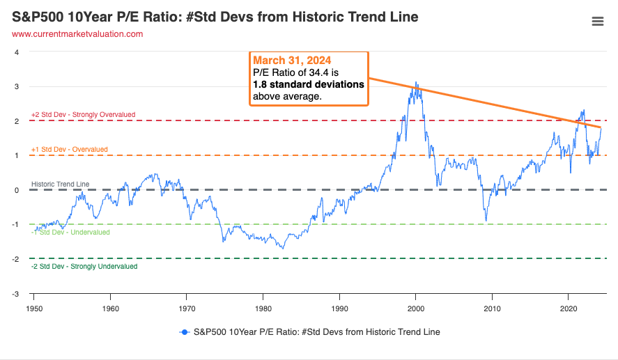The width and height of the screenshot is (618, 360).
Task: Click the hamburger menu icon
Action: [597, 22]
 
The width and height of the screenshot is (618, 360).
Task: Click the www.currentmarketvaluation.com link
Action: [77, 33]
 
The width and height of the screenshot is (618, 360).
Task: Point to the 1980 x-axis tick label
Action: [263, 308]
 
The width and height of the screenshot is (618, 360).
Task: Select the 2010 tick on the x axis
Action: [493, 308]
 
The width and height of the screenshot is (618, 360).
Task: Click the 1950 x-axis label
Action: [33, 308]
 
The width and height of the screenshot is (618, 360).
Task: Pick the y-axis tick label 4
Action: [17, 52]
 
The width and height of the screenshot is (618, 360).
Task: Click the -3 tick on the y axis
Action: [16, 293]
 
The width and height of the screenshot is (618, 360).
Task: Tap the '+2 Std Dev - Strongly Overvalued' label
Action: [83, 114]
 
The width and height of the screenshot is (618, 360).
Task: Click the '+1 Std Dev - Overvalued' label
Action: [70, 149]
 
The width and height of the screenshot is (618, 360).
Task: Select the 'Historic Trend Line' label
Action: [60, 184]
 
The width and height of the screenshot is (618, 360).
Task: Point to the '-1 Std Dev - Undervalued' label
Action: [70, 232]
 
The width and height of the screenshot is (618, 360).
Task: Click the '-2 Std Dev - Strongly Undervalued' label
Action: [84, 266]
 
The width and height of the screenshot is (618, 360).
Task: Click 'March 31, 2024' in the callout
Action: [292, 60]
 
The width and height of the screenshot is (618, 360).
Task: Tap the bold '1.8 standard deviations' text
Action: [308, 84]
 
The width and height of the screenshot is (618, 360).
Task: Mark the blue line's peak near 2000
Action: [417, 83]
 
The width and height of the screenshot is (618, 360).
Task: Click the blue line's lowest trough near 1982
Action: [283, 249]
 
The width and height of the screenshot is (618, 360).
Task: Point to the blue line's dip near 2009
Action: [486, 221]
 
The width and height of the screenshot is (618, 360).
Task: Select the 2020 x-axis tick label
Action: [569, 308]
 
